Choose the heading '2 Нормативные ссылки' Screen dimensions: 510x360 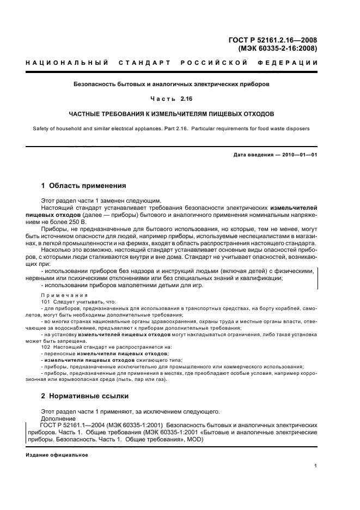(85, 396)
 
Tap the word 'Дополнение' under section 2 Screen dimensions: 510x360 (57, 417)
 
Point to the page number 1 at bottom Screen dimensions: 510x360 (315, 466)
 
